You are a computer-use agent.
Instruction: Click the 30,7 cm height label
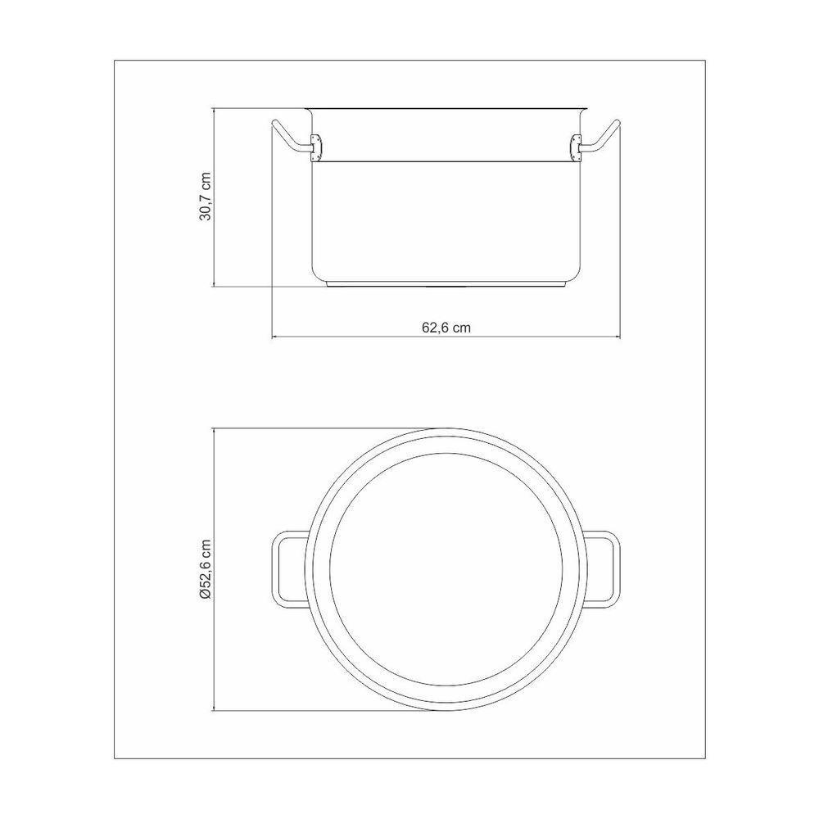[206, 197]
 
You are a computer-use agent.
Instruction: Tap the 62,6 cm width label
[446, 326]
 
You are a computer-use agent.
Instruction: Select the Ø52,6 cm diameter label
[206, 570]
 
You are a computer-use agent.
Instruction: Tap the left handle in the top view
[283, 570]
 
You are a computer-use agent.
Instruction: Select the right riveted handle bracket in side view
[575, 147]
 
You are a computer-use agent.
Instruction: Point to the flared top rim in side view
[446, 108]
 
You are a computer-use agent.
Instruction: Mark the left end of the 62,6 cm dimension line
[272, 337]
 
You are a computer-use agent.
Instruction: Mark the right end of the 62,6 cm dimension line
[620, 337]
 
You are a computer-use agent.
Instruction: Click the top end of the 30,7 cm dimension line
[215, 107]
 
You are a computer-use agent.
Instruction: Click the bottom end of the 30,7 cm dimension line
[215, 287]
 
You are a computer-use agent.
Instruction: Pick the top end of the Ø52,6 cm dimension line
[215, 428]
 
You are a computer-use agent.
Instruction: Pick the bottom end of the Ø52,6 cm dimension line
[215, 710]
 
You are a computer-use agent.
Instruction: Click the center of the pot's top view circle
[446, 569]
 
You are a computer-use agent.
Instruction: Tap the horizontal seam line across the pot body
[446, 161]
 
